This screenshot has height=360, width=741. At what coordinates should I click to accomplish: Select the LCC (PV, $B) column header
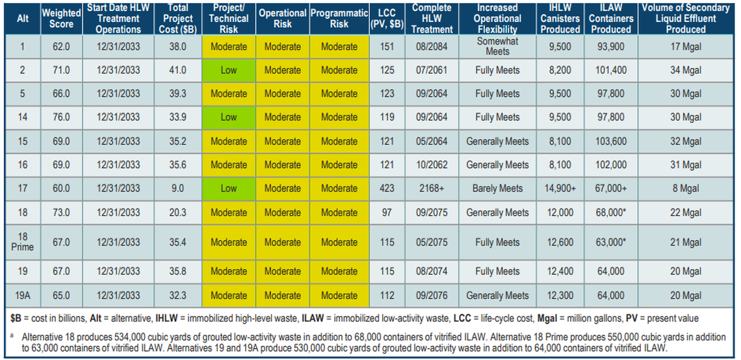(x=387, y=18)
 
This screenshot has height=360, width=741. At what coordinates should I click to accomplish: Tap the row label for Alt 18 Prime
(x=23, y=242)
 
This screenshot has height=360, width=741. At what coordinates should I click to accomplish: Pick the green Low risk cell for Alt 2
(x=229, y=70)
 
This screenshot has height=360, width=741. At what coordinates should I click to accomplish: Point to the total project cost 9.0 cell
(x=177, y=188)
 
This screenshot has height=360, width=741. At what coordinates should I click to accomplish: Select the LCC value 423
(x=387, y=188)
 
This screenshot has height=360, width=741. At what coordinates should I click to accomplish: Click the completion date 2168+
(x=432, y=188)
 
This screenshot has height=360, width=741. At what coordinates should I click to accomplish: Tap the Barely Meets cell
(x=497, y=188)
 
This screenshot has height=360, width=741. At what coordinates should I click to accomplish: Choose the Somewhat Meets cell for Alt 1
(x=497, y=46)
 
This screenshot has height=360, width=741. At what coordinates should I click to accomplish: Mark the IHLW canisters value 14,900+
(x=560, y=188)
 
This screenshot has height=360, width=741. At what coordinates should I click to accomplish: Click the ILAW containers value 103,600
(x=611, y=141)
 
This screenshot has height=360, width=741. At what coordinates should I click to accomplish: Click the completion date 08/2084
(x=432, y=47)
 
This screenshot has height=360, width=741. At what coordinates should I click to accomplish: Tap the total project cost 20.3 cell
(x=177, y=212)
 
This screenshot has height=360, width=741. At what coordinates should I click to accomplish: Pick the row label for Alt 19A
(x=23, y=295)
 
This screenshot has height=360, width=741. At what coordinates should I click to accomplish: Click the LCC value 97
(x=387, y=212)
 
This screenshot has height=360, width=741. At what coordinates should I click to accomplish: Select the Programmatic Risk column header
(x=339, y=18)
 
